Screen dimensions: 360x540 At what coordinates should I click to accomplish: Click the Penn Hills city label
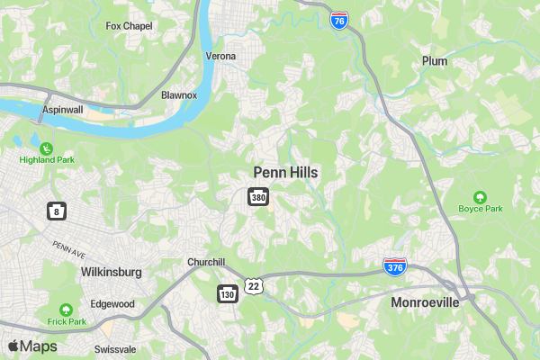[285, 172]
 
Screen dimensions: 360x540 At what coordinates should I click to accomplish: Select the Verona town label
[220, 57]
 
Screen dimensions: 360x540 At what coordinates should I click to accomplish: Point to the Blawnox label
[178, 94]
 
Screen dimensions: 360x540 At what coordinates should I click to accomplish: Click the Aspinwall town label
[62, 110]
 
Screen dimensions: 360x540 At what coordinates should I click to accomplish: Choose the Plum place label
[435, 61]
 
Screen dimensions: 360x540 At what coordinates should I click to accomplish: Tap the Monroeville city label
[425, 302]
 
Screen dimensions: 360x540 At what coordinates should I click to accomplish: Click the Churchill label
[205, 262]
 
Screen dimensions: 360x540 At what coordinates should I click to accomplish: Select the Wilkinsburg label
[111, 271]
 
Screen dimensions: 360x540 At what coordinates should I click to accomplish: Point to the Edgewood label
[112, 304]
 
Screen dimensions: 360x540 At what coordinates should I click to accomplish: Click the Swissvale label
[116, 348]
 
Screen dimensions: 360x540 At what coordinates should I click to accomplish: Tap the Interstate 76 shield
[338, 21]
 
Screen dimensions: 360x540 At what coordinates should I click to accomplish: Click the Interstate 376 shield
[394, 266]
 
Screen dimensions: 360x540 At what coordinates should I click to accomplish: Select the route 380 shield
[258, 196]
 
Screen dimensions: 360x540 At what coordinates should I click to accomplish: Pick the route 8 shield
[57, 211]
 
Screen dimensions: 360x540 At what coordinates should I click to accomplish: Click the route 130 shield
[227, 293]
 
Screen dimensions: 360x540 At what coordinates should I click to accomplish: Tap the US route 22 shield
[255, 285]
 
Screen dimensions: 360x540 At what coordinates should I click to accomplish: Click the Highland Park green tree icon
[46, 148]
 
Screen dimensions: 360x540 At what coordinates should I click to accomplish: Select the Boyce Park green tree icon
[480, 197]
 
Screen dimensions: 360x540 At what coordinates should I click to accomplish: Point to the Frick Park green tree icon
[66, 309]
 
